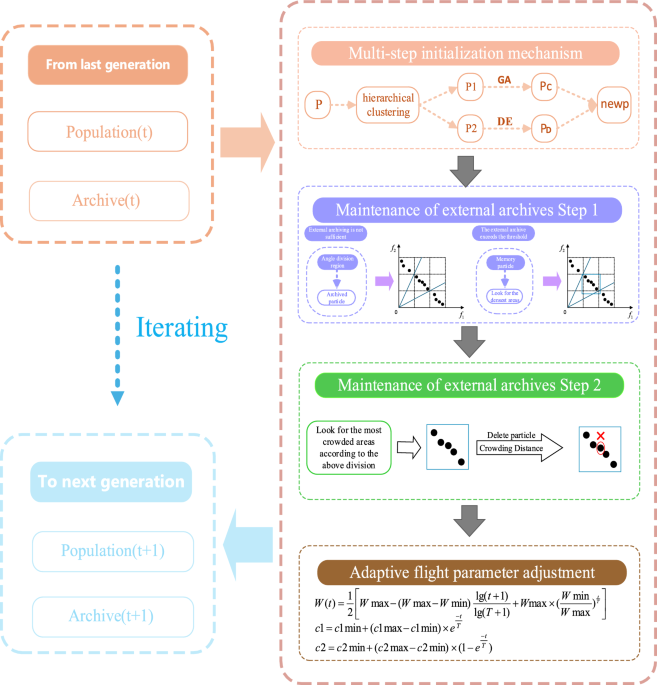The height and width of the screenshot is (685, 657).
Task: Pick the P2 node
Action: click(472, 128)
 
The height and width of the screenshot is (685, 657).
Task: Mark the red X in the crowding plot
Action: click(601, 436)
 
